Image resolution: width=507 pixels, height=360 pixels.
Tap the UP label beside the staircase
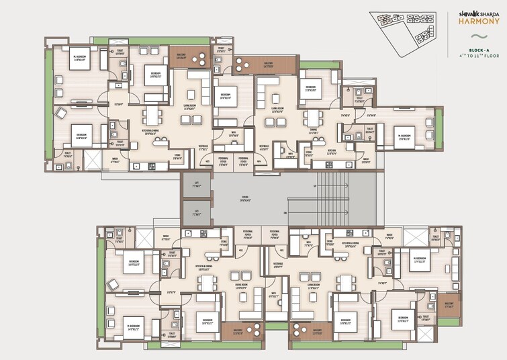314,185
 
